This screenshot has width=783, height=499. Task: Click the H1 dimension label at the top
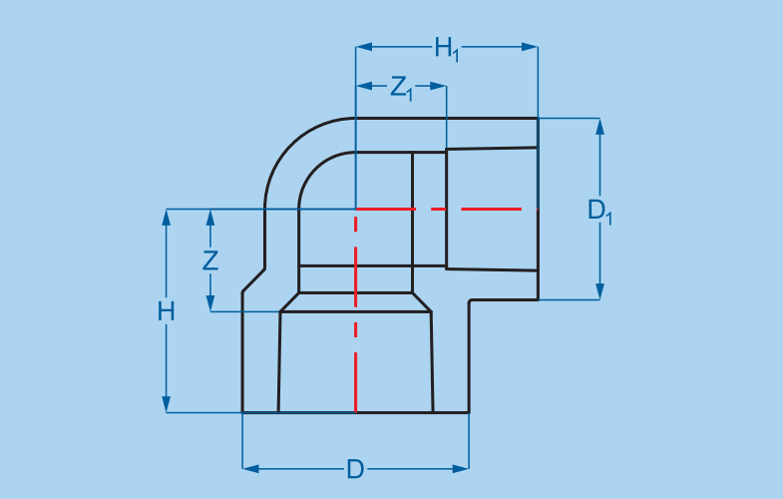click(446, 48)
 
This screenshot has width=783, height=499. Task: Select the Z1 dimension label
click(402, 88)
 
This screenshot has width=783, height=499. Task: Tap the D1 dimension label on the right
click(599, 211)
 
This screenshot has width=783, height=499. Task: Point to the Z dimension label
click(209, 261)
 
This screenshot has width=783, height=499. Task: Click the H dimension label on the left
click(167, 311)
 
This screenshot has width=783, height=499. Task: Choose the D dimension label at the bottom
click(355, 469)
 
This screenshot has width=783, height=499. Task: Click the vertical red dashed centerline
click(356, 329)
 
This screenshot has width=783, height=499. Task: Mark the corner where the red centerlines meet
click(356, 209)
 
